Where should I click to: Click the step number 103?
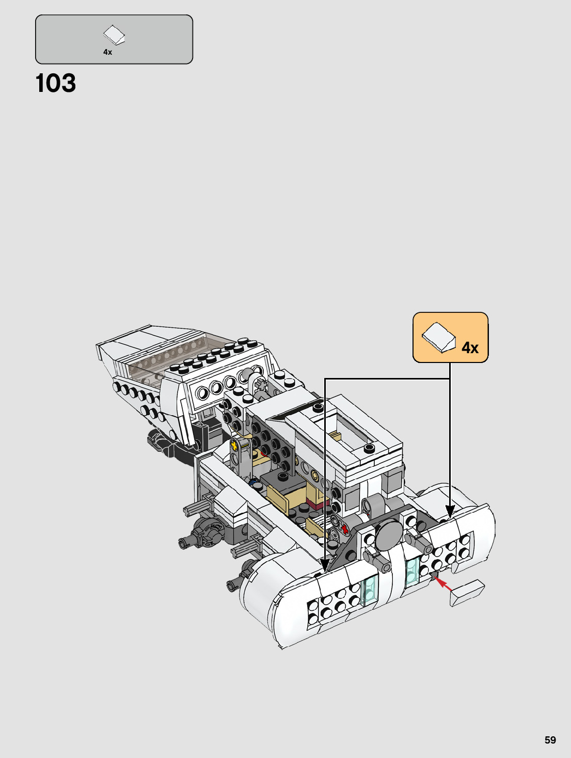pos(56,83)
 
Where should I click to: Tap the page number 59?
pos(550,740)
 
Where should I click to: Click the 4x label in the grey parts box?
pos(108,52)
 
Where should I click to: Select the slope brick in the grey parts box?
pos(114,35)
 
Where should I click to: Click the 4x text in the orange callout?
pos(470,348)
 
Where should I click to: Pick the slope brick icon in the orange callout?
pos(438,337)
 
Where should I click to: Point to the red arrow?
pos(443,584)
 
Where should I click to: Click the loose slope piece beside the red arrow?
pos(467,593)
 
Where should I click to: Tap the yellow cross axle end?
pos(234,445)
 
